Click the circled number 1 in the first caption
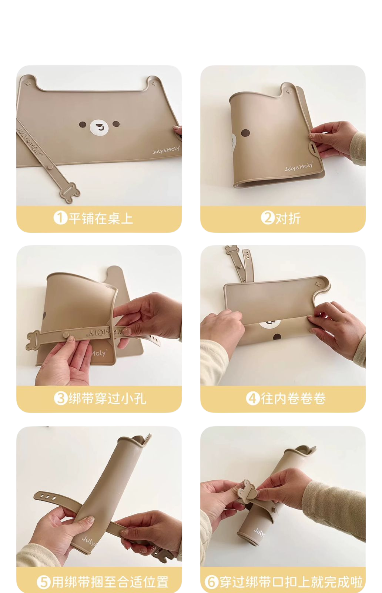tap(60, 218)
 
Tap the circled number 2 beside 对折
tap(268, 218)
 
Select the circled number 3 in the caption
tap(61, 398)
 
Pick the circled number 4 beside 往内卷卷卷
tap(253, 398)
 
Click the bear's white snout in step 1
tap(99, 127)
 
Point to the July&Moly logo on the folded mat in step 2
tap(299, 167)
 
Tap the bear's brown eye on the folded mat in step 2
tap(245, 133)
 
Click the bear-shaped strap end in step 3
tap(33, 340)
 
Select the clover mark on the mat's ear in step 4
tap(318, 284)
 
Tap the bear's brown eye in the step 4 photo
tap(277, 337)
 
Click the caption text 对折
tap(288, 218)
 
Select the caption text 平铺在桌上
tap(101, 218)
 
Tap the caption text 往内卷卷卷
tap(293, 398)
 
